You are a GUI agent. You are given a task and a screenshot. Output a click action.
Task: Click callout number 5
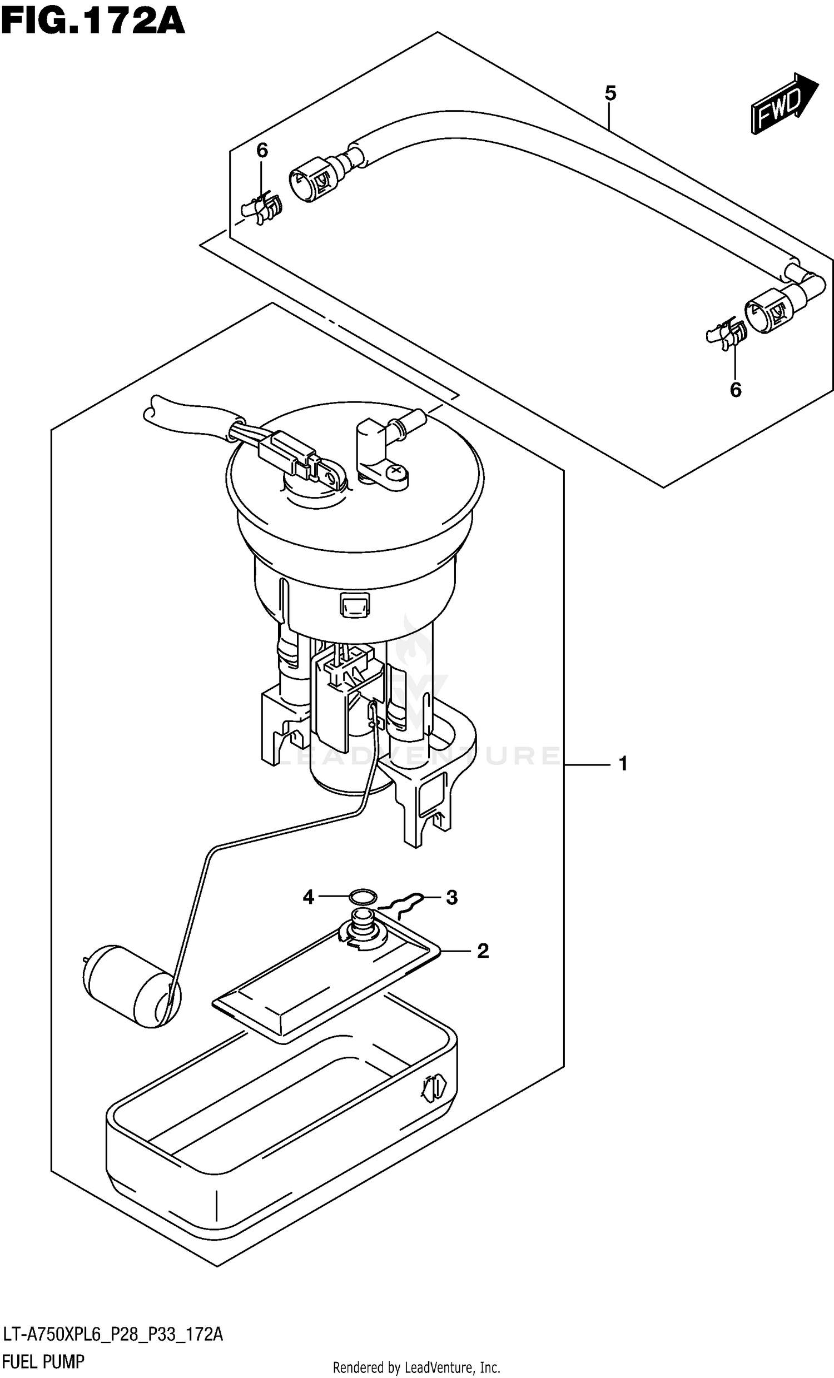coord(610,93)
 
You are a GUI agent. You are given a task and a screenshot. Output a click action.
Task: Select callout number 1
coord(623,763)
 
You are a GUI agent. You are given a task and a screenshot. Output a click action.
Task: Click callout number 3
coord(451,898)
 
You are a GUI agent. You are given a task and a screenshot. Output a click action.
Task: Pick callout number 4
coord(308,898)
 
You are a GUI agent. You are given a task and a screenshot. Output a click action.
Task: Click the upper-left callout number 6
coord(262,151)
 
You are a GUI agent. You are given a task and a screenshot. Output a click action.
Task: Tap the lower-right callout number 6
coord(735,390)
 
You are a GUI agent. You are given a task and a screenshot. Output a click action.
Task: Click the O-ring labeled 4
coord(362,897)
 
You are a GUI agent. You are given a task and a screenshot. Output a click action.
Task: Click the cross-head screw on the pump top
coord(398,472)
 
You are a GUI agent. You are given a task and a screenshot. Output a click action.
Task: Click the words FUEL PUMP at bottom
coord(43,1362)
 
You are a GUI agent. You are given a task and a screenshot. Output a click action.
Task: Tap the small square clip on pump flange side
coord(354,605)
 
